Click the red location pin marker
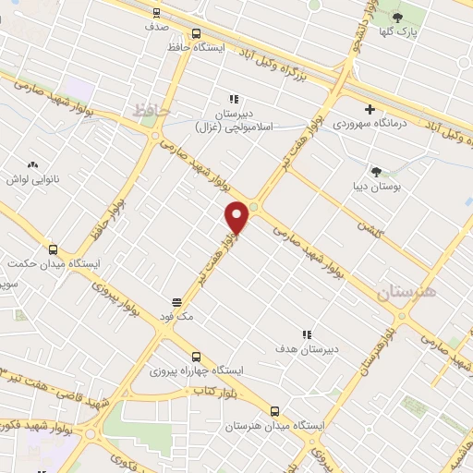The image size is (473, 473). click(237, 218)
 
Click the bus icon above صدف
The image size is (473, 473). click(155, 13)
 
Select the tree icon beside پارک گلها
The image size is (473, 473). click(398, 18)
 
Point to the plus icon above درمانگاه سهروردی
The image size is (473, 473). click(370, 109)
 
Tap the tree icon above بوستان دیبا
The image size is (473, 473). click(376, 171)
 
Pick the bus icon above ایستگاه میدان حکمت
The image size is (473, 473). click(53, 249)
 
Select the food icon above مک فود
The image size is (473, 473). click(176, 301)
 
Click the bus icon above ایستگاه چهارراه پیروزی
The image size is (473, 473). click(196, 357)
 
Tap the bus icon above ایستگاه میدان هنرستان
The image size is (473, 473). click(274, 411)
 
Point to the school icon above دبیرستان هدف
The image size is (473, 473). click(307, 334)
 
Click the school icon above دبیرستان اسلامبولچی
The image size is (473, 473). click(234, 99)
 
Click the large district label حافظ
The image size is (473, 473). click(152, 110)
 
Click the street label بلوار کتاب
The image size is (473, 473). click(212, 392)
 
